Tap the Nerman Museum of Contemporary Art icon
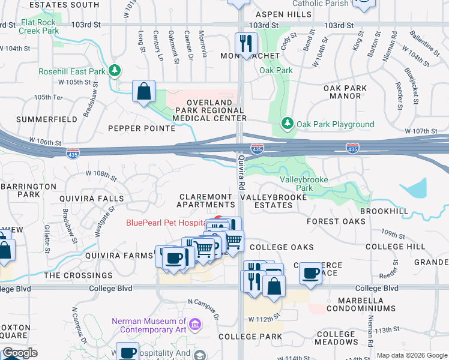(194, 325)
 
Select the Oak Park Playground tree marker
(288, 124)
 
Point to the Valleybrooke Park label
(305, 184)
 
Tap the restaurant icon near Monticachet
(246, 42)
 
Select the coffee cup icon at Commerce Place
(310, 273)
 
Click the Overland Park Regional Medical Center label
(209, 110)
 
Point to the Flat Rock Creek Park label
(40, 26)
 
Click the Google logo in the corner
(20, 353)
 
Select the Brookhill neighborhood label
(384, 211)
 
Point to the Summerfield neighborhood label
(47, 119)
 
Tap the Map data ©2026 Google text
(412, 355)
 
